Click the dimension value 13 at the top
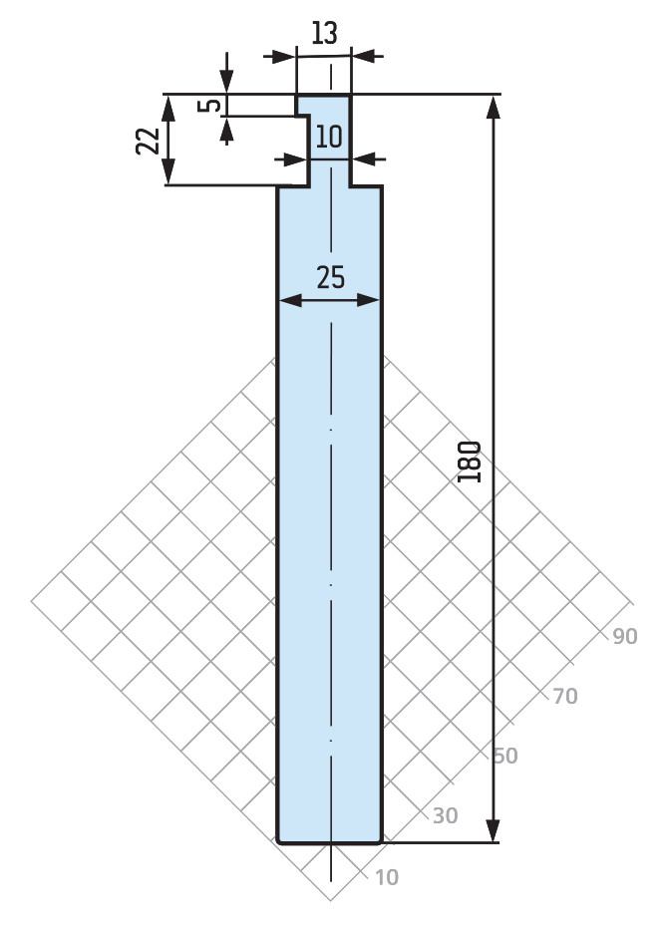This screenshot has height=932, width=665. pyautogui.click(x=324, y=33)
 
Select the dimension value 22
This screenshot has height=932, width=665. pyautogui.click(x=148, y=141)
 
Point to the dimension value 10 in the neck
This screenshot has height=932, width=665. pyautogui.click(x=329, y=137)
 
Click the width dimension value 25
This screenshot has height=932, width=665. pyautogui.click(x=330, y=277)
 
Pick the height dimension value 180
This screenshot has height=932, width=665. pyautogui.click(x=470, y=462)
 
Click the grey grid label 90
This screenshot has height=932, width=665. pyautogui.click(x=625, y=637)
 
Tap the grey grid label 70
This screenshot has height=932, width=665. pyautogui.click(x=565, y=696)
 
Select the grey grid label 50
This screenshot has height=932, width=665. pyautogui.click(x=505, y=756)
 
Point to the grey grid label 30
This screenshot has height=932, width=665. pyautogui.click(x=445, y=816)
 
